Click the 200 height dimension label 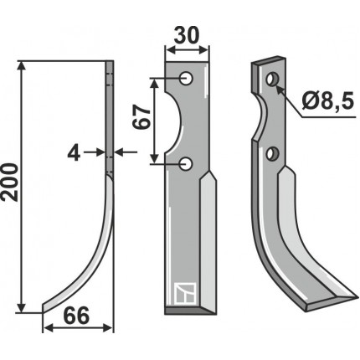point(10,183)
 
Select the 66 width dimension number point(76,316)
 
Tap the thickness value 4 point(74,153)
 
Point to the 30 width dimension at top point(187,36)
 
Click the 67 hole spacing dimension point(141,117)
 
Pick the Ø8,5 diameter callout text point(328,100)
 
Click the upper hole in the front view point(186,79)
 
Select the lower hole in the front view point(186,163)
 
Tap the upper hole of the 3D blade point(271,80)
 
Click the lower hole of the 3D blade point(270,154)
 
